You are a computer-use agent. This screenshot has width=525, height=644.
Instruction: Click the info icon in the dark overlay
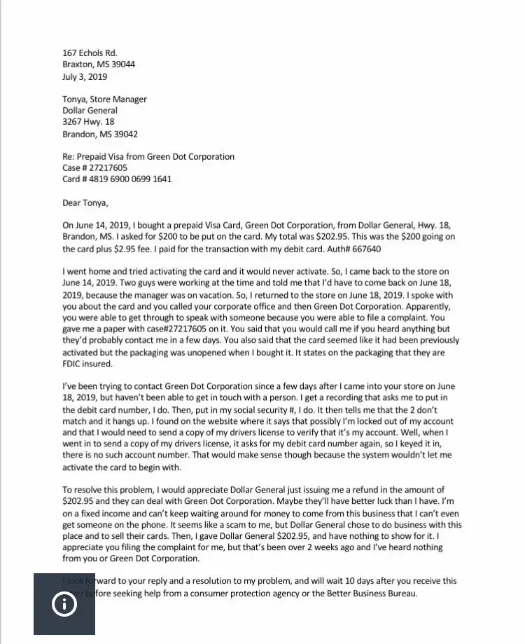pos(64,604)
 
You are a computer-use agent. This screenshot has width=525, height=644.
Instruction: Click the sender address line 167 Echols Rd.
pos(90,53)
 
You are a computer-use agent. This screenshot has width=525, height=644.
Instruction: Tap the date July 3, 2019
pos(85,76)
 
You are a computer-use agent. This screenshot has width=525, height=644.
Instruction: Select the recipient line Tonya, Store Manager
pos(104,100)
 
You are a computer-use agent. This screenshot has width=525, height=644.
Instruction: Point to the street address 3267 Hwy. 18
pos(88,122)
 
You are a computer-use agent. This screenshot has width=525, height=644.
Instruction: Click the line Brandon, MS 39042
pos(99,134)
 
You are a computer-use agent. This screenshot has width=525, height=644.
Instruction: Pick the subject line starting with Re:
pos(148,157)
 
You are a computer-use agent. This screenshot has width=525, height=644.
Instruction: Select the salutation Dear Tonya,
pos(85,203)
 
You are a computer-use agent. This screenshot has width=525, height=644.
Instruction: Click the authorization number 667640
pos(364,249)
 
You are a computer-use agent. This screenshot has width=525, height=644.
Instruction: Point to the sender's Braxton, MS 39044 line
pos(99,64)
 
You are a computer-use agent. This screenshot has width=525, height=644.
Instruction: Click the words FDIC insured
pos(87,364)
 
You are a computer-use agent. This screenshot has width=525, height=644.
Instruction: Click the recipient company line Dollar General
pos(90,111)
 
